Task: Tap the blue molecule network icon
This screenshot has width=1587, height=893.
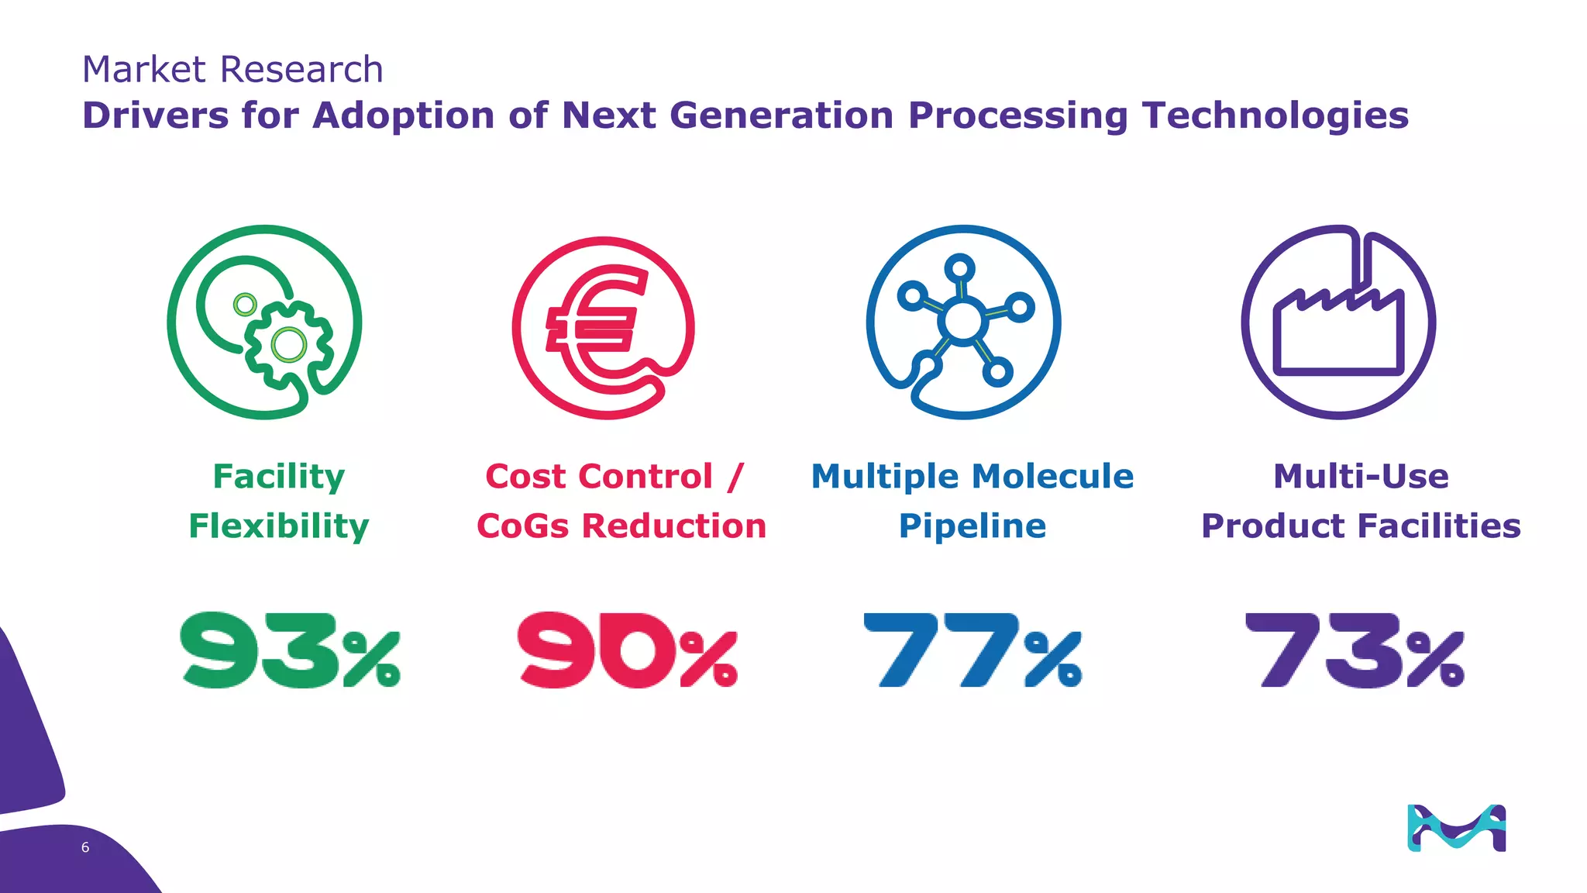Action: coord(963,322)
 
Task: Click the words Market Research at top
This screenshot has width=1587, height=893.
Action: coord(232,70)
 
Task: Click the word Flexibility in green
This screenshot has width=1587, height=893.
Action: coord(279,526)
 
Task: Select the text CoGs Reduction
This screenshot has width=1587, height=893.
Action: coord(621,526)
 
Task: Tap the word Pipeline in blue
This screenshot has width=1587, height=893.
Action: coord(972,526)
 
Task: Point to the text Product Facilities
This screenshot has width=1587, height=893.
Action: coord(1361,526)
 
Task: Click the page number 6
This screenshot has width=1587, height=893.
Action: coord(85,847)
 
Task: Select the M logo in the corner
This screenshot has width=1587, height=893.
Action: coord(1456,828)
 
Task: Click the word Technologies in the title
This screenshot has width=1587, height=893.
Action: coord(1275,116)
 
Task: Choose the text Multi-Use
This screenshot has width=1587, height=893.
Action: coord(1361,476)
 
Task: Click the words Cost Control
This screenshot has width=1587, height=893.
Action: coord(599,476)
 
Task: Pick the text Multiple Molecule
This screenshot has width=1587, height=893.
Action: coord(972,476)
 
